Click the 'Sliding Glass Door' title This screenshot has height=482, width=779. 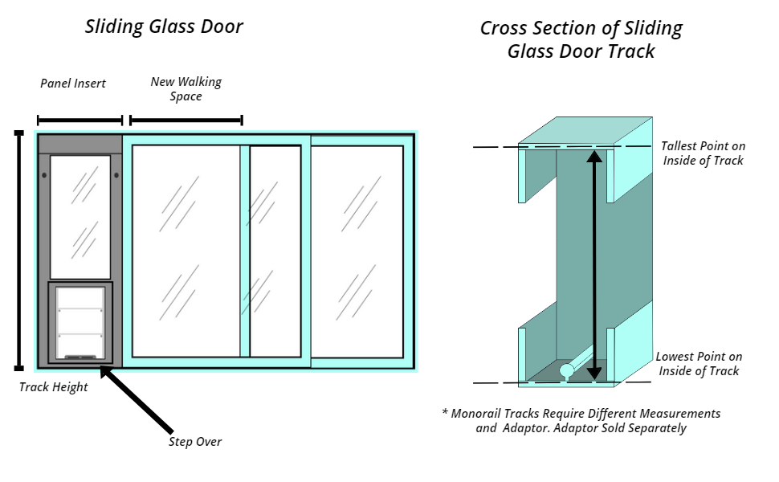(164, 27)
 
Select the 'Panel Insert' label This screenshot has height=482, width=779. (73, 84)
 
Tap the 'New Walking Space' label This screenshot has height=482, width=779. (186, 89)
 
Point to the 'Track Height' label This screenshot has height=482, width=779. (53, 387)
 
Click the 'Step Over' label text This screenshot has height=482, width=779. (194, 442)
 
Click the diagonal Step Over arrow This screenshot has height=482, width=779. (137, 399)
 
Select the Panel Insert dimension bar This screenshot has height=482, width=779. (80, 120)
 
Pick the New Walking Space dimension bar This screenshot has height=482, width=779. (186, 120)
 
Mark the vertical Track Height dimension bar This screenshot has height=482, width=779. (19, 251)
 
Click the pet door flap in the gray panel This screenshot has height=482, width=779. (80, 322)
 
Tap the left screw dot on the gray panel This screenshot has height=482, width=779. (44, 175)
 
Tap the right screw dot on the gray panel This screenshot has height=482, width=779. (116, 175)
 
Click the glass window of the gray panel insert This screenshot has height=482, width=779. (80, 217)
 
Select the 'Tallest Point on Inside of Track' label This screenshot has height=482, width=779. (703, 153)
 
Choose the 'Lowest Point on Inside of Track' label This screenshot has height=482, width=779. (699, 364)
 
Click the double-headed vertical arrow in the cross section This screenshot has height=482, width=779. (594, 265)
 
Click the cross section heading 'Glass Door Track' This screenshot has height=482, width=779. (581, 51)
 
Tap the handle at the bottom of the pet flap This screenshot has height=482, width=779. (80, 357)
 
